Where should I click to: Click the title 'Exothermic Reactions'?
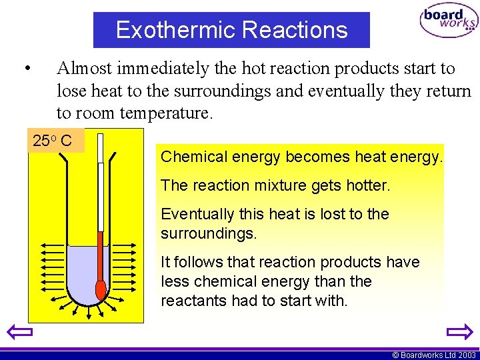231,30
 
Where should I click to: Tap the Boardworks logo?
448,22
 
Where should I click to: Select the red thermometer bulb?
101,289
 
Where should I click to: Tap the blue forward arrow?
459,331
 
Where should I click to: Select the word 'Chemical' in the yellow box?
188,157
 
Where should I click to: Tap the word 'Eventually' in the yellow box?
193,215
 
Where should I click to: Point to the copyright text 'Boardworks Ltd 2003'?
437,355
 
